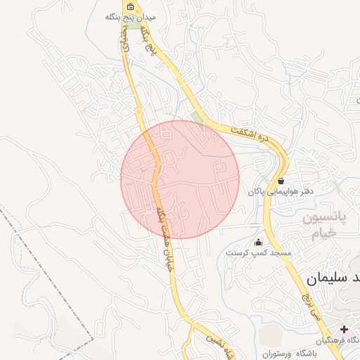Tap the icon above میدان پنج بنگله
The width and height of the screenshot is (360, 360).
tap(130, 6)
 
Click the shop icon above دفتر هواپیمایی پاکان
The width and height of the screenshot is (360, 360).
tap(281, 181)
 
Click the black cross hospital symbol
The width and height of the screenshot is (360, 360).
tap(345, 329)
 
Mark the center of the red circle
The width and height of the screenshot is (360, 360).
tap(180, 179)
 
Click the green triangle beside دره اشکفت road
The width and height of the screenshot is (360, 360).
tap(198, 117)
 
